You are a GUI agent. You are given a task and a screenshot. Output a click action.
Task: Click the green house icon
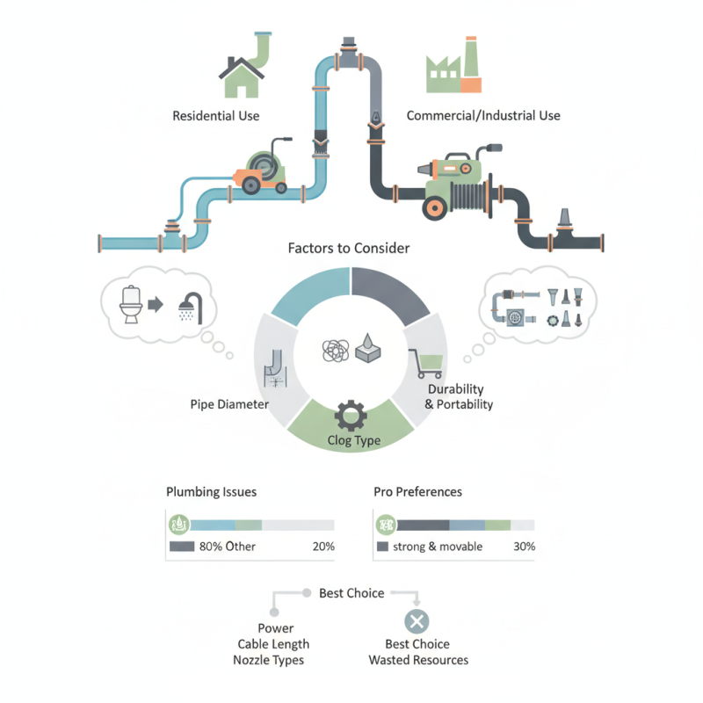coord(241,77)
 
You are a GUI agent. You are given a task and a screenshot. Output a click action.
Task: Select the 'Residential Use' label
coord(216,116)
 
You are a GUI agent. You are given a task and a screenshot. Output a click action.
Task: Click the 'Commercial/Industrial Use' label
coord(483,116)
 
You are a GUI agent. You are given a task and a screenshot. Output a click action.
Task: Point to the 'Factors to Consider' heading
coord(349,249)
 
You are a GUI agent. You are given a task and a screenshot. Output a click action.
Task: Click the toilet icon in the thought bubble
coord(131,304)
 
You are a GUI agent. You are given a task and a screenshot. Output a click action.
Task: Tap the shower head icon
coord(191,308)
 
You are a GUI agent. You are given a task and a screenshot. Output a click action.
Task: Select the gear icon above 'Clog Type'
coord(351,416)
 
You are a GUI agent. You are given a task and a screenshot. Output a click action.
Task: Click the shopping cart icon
coord(426,364)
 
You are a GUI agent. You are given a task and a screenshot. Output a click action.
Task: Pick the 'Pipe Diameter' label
coord(229,404)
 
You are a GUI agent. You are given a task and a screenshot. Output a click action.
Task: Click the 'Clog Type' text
coord(354,440)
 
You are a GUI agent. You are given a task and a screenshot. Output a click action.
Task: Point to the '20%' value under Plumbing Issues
coord(323,547)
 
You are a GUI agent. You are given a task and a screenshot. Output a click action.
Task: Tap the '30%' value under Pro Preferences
coord(524,547)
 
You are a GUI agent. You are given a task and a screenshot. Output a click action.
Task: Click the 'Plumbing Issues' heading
coord(211,492)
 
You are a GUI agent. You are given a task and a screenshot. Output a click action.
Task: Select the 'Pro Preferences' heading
coord(418,492)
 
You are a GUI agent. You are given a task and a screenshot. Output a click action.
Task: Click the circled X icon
coord(417,621)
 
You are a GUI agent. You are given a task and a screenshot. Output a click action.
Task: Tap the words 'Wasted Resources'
coord(418,660)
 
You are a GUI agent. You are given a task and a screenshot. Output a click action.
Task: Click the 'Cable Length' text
coord(273,644)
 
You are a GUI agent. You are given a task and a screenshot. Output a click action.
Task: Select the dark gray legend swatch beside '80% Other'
coord(182,547)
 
